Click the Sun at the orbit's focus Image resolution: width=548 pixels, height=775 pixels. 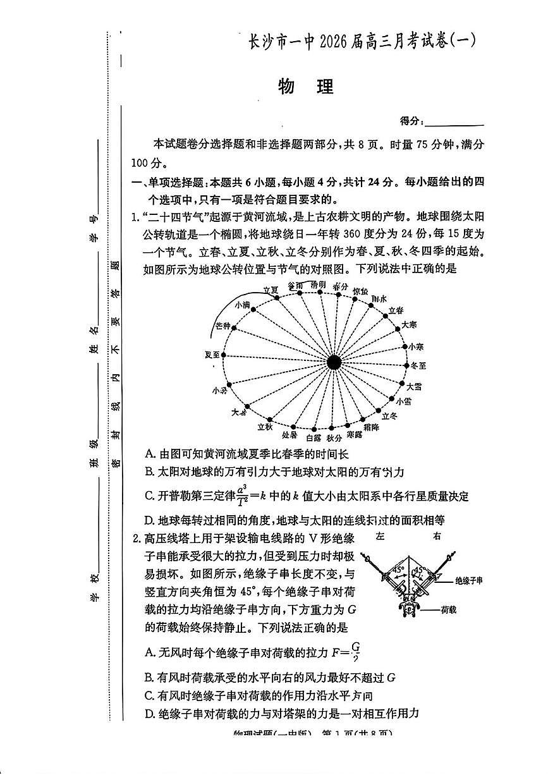pyautogui.click(x=334, y=362)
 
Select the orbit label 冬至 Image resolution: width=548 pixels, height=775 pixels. pyautogui.click(x=418, y=365)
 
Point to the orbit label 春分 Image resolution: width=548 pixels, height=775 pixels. pyautogui.click(x=341, y=286)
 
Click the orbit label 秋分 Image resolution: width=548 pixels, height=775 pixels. pyautogui.click(x=334, y=437)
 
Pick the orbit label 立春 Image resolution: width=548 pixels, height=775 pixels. pyautogui.click(x=396, y=310)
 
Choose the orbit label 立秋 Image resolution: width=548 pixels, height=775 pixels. pyautogui.click(x=265, y=427)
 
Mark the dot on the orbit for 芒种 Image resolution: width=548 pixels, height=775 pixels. pyautogui.click(x=234, y=328)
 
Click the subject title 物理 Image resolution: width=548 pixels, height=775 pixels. pyautogui.click(x=305, y=88)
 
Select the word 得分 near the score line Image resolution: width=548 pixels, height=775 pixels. pyautogui.click(x=411, y=121)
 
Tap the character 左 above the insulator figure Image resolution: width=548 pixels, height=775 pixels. pyautogui.click(x=379, y=537)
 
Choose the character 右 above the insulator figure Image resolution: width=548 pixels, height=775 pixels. pyautogui.click(x=437, y=537)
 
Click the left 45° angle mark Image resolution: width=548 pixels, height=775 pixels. pyautogui.click(x=399, y=568)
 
